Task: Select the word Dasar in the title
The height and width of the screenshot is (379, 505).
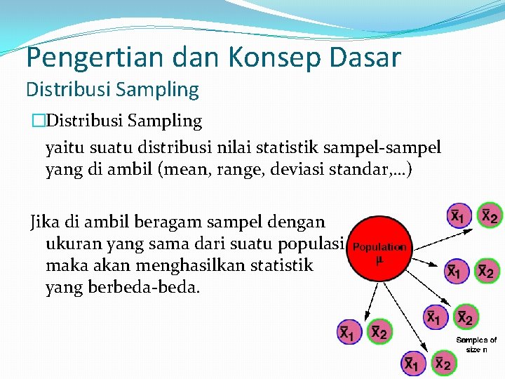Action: [x=363, y=57]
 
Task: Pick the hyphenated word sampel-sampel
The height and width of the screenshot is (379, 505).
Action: [x=382, y=148]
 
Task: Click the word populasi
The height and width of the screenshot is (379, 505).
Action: [x=313, y=244]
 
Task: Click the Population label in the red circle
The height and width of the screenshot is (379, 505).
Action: [x=379, y=247]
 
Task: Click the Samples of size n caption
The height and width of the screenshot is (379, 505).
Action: [x=476, y=344]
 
